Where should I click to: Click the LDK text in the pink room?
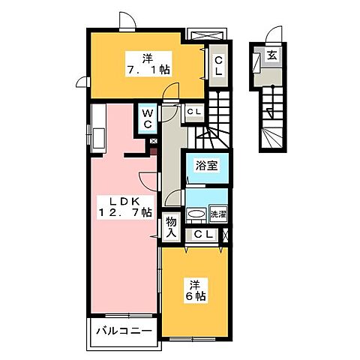click(116, 202)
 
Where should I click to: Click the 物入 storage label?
click(170, 226)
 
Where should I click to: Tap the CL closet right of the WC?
click(194, 112)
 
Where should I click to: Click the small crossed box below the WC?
click(153, 140)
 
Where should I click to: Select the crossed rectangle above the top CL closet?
click(206, 35)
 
